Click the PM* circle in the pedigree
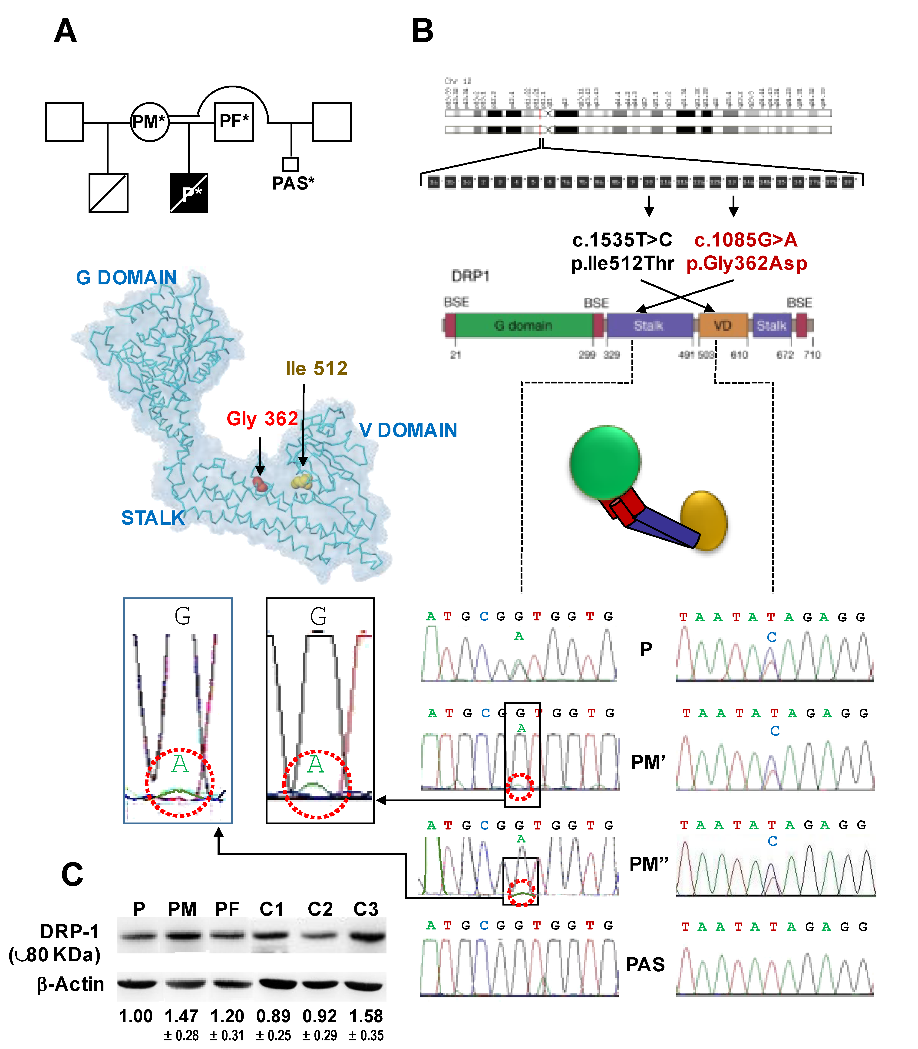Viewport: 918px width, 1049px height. point(149,122)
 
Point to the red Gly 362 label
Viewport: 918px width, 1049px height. point(262,419)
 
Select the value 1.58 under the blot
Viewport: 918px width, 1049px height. point(366,1016)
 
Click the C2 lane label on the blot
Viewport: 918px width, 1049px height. point(320,909)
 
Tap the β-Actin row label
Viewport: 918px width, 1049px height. point(71,984)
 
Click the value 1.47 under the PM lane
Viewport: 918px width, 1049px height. point(181,1016)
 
